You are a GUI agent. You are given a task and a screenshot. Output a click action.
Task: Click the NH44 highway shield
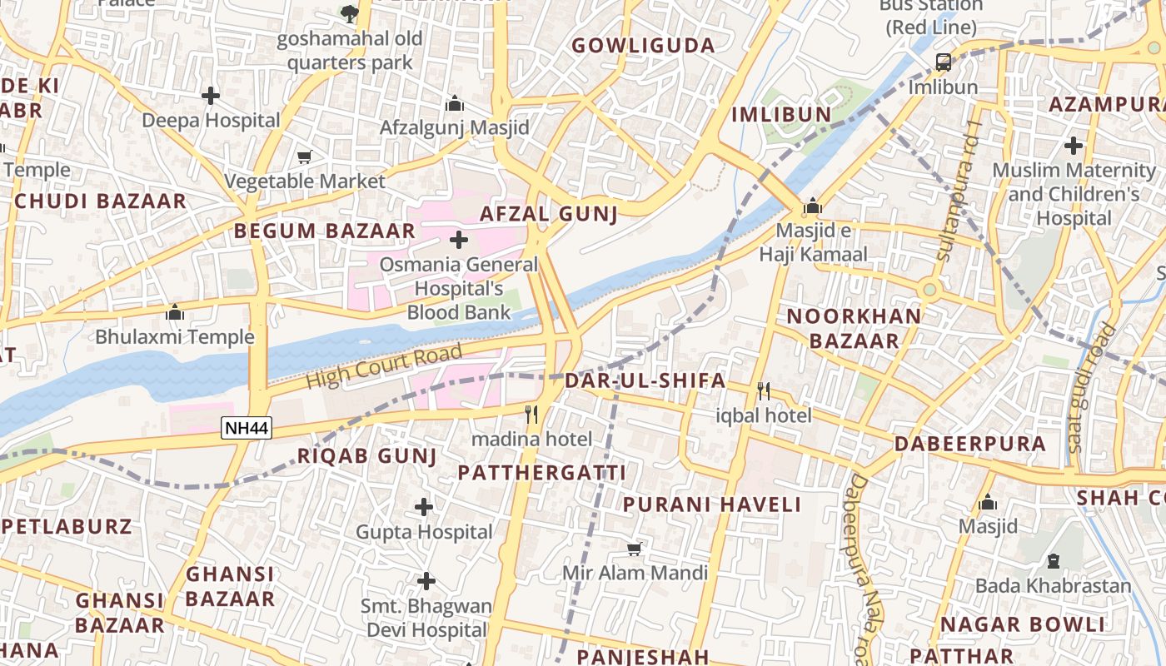pos(247,429)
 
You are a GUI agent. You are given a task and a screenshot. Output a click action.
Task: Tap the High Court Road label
pos(384,366)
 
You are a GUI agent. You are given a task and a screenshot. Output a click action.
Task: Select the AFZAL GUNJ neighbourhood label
pos(549,214)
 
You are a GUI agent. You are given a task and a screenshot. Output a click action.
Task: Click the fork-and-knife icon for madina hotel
pos(531,414)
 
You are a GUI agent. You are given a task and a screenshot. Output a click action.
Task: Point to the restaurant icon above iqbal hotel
pos(763,390)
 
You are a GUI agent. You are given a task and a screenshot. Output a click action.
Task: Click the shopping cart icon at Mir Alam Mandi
pos(635,549)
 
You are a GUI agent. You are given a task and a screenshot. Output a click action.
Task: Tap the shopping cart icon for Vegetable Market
pos(305,157)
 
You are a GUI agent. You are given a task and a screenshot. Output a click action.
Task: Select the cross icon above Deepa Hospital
pos(211,96)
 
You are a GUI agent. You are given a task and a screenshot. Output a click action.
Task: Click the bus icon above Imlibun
pos(943,62)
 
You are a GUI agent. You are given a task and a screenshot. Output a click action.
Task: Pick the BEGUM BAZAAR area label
pos(324,231)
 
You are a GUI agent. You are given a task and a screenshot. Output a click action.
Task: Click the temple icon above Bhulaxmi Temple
pos(175,313)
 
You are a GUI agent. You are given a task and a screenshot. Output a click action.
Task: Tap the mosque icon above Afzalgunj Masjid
pos(454,103)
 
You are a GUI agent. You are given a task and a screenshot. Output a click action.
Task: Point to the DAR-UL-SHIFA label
pos(645,381)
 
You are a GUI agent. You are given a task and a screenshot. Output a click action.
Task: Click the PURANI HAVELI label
pos(712,504)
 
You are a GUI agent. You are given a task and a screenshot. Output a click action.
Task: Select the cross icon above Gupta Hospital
pos(424,506)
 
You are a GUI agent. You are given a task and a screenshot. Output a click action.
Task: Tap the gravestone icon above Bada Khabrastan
pos(1053,561)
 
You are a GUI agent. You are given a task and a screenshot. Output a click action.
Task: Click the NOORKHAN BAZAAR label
pos(855,328)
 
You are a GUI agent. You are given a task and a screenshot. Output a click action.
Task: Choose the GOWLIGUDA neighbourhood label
pos(643,46)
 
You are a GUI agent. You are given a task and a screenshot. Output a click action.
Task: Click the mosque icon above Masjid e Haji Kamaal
pos(813,206)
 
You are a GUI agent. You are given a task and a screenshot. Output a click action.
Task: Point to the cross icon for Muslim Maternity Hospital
pos(1074,147)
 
